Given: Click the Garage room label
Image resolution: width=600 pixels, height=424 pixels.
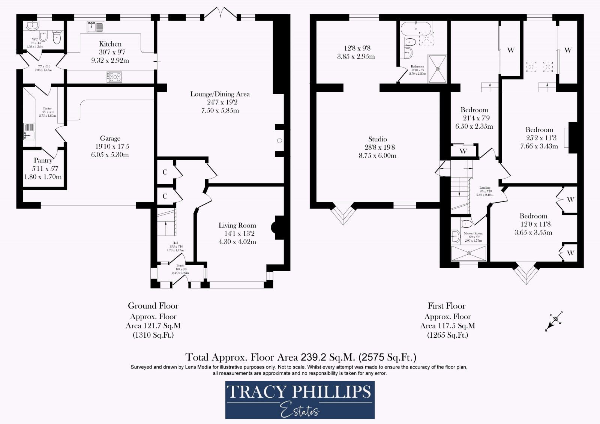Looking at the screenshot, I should click(x=110, y=138).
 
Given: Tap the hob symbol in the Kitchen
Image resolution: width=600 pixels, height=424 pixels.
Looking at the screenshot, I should click(x=114, y=77).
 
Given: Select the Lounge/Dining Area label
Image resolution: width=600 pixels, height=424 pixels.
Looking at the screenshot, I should click(x=220, y=94).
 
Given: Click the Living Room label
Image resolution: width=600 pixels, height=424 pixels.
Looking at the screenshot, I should click(x=237, y=226).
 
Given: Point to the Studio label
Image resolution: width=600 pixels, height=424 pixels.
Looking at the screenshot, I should click(x=377, y=139).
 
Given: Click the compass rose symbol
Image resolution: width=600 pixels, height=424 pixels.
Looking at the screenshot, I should click(x=555, y=319).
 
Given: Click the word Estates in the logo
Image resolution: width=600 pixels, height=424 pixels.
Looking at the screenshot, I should click(x=300, y=411).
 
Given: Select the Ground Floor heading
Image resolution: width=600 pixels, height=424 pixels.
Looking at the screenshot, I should click(x=153, y=306).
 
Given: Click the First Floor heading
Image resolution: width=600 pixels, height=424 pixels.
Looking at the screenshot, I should click(x=447, y=306).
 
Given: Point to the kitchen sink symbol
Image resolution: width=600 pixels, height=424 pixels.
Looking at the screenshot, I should click(x=96, y=27).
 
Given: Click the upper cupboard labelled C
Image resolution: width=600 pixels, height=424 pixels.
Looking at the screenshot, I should click(x=165, y=172).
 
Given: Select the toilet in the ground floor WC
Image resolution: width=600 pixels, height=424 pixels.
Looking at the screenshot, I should click(x=57, y=38).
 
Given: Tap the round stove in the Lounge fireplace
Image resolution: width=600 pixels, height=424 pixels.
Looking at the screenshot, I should click(x=279, y=141).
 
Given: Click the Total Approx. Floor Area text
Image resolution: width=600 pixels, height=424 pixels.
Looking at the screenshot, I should click(x=301, y=356).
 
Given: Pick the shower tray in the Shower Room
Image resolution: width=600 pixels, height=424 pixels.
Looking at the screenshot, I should click(x=469, y=253).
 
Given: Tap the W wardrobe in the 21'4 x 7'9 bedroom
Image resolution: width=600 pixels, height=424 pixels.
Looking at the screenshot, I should click(x=463, y=151).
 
